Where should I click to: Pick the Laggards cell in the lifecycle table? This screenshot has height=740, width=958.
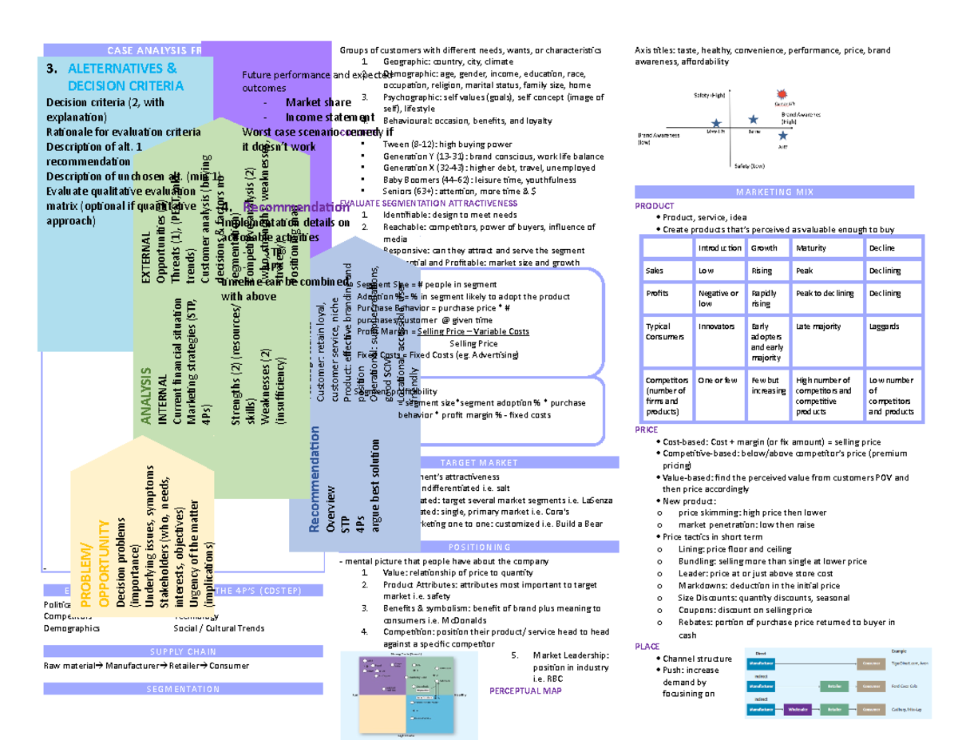tap(883, 326)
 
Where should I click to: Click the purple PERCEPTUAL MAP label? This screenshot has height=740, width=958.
tap(525, 690)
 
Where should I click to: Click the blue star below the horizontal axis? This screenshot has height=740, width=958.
tap(782, 137)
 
